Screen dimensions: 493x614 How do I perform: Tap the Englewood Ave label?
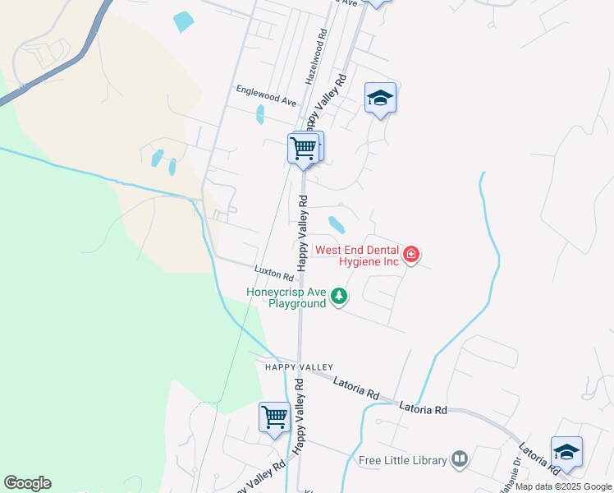tap(265, 94)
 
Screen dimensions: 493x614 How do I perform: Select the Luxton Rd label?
tap(273, 271)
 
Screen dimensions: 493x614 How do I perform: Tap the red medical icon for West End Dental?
tap(410, 256)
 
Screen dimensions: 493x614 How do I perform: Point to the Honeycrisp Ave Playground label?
tap(286, 297)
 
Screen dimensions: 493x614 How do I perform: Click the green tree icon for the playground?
tap(338, 297)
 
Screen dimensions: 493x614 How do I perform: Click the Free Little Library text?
tap(402, 460)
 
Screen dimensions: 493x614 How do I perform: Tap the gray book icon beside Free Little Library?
tap(460, 459)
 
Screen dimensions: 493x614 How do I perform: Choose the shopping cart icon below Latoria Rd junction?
tap(274, 417)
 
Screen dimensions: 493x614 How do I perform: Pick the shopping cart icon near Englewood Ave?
tap(304, 149)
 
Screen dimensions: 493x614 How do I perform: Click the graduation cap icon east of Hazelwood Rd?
tap(380, 99)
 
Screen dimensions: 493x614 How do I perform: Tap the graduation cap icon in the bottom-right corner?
tap(566, 453)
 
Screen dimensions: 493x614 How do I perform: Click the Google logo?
tap(27, 483)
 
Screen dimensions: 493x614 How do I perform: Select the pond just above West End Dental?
tap(337, 224)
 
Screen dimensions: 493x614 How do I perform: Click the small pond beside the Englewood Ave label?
tap(260, 114)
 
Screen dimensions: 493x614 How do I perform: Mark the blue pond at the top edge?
tap(184, 22)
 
